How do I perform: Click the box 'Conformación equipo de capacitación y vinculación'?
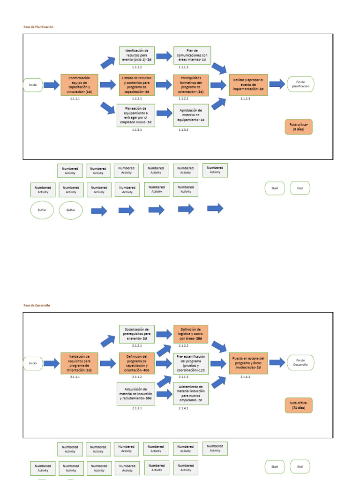tap(80, 85)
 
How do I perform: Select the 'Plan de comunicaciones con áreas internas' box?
tap(192, 55)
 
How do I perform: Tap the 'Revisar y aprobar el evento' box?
tap(248, 85)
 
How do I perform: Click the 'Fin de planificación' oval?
tap(301, 84)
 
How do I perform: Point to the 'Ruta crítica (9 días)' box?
tap(299, 127)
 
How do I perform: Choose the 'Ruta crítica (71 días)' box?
tap(299, 405)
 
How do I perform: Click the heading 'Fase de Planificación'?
tap(38, 27)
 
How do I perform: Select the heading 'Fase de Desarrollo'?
tap(37, 305)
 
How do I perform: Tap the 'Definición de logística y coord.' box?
tap(191, 334)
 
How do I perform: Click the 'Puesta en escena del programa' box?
tap(248, 363)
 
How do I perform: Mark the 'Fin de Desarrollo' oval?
tap(301, 363)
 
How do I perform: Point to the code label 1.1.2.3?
tap(245, 99)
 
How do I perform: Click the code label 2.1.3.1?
tap(136, 408)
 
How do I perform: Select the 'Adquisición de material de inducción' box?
tap(136, 394)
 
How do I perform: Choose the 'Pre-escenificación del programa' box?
tap(191, 363)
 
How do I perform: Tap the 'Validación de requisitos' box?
tap(80, 363)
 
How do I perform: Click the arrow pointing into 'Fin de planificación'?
tap(277, 84)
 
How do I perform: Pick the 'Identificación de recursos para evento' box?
tap(136, 55)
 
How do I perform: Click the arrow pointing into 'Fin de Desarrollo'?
tap(277, 362)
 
